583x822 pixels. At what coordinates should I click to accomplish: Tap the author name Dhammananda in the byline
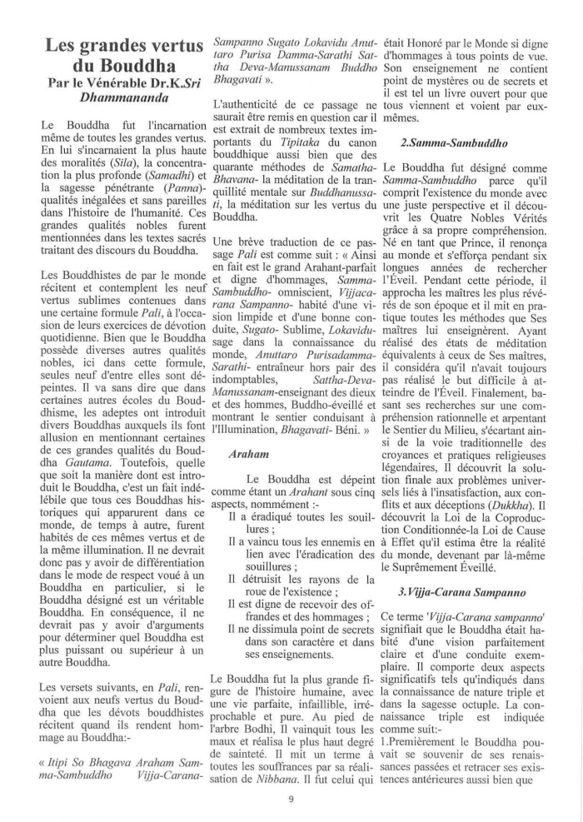click(118, 97)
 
